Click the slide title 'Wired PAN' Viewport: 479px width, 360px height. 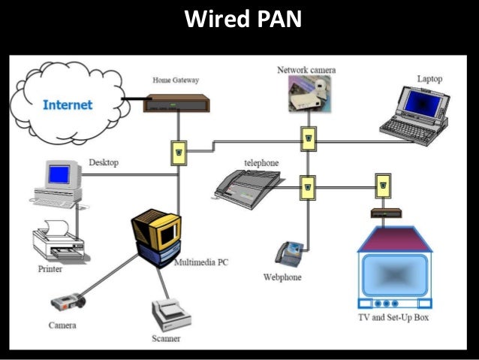click(243, 19)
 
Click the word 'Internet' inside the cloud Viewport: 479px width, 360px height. click(67, 104)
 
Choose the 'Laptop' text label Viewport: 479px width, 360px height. click(429, 79)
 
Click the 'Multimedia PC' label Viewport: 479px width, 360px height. click(201, 263)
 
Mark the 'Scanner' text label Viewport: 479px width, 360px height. click(166, 339)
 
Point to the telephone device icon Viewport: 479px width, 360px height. click(247, 186)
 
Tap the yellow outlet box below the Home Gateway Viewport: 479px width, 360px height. click(179, 153)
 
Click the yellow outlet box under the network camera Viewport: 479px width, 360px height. click(308, 137)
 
